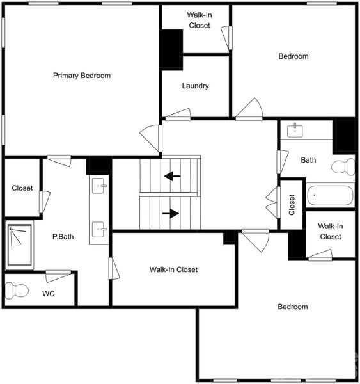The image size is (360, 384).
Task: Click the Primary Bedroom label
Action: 81,76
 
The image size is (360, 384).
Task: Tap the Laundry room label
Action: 195,86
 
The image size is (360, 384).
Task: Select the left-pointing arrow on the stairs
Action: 171,175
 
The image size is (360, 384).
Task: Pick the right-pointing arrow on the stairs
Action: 171,214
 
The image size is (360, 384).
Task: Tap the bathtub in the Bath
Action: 329,195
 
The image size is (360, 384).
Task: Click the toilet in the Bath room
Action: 343,167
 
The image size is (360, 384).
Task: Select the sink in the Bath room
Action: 295,131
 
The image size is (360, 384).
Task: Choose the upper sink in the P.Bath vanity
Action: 100,187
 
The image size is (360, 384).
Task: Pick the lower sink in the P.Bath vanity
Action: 100,228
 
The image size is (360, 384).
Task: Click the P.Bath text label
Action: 63,236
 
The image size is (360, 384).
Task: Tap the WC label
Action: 49,294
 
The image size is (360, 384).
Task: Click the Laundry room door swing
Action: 178,115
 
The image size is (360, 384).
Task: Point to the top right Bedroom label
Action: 293,56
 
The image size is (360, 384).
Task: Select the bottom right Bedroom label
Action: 292,307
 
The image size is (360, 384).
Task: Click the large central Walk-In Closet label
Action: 173,269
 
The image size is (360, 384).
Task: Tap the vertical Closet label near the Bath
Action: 292,205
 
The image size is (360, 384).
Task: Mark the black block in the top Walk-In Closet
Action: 172,49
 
